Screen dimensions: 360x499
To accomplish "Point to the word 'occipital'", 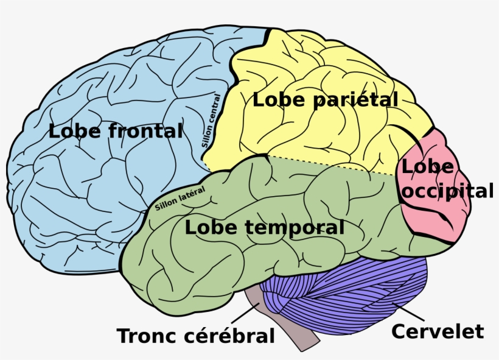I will [x=448, y=191].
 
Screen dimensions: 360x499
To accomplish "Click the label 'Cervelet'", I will [x=437, y=332].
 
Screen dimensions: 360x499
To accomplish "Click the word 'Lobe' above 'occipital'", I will [x=427, y=166].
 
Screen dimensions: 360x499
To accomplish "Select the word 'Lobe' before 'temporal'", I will [x=211, y=228].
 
